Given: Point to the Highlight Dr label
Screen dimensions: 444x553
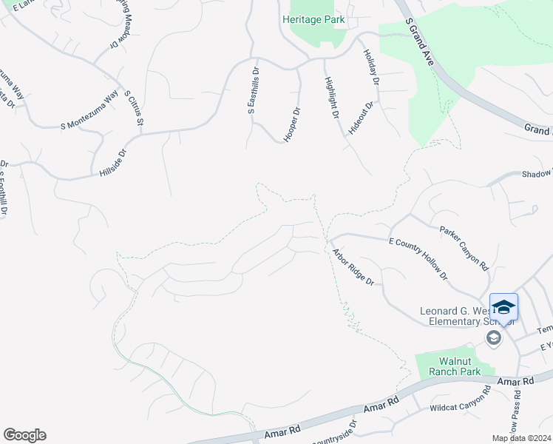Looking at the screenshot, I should click(x=331, y=100).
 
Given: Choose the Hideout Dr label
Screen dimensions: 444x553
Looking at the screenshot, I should click(x=365, y=115).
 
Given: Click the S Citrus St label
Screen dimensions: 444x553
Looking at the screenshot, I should click(x=134, y=107).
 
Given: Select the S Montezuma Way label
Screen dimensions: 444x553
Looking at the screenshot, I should click(x=89, y=110).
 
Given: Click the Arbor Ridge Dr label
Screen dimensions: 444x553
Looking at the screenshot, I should click(x=353, y=267).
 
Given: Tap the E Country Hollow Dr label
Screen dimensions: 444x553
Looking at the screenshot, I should click(x=418, y=258).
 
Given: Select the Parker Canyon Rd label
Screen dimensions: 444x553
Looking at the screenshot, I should click(x=464, y=248).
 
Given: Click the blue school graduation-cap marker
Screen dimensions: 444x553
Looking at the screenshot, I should click(x=503, y=307).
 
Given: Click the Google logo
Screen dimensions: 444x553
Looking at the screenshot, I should click(x=24, y=435).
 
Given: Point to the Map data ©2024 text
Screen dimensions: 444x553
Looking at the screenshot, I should click(x=521, y=438).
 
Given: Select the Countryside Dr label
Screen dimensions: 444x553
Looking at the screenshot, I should click(x=334, y=437).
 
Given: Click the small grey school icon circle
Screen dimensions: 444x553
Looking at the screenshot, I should click(x=493, y=338).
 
